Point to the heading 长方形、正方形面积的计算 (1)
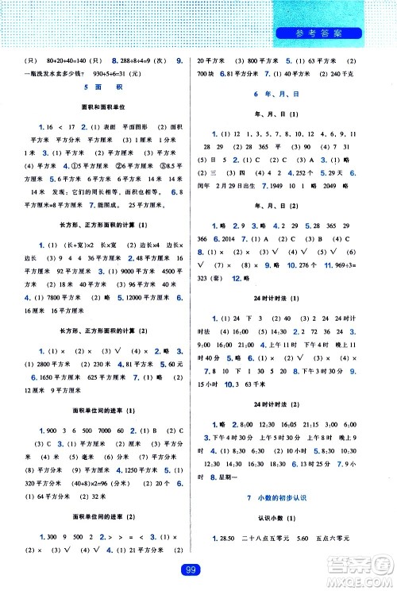[x=103, y=248]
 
